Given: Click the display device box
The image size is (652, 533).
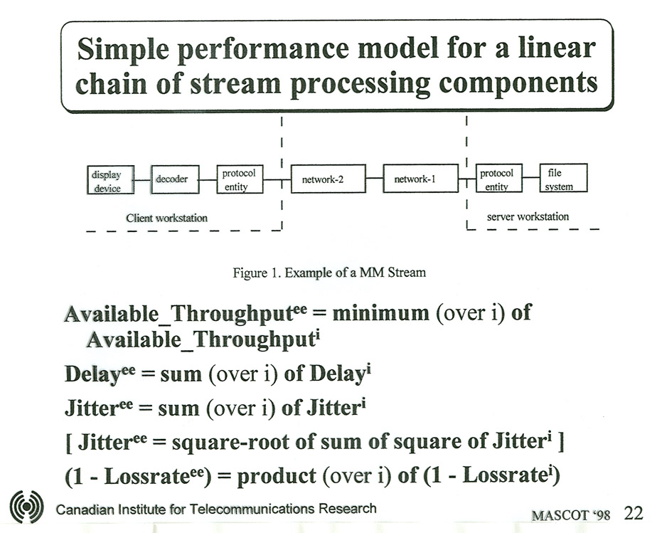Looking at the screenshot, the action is [x=111, y=180].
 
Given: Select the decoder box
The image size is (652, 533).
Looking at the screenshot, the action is [x=175, y=179].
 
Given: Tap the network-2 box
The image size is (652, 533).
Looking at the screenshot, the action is [x=328, y=179].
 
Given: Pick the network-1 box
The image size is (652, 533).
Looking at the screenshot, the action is [x=420, y=178].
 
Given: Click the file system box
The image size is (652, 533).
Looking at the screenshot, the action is [x=563, y=178].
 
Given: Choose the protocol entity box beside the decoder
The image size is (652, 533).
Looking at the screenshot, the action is [x=240, y=179].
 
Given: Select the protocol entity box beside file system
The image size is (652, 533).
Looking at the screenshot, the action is [x=499, y=178].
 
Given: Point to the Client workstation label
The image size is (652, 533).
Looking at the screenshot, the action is [x=167, y=218].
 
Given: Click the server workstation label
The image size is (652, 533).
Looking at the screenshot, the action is [x=528, y=216].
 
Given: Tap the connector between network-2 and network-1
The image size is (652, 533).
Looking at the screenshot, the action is [x=374, y=179].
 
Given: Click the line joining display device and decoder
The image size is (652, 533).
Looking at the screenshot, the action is [x=143, y=180].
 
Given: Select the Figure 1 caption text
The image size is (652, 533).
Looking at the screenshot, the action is [x=329, y=273].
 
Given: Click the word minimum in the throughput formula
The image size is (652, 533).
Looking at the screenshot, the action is [x=380, y=312].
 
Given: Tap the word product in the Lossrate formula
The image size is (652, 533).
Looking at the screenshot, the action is [x=277, y=476].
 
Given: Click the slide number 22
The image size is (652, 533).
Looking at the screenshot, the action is [x=634, y=513].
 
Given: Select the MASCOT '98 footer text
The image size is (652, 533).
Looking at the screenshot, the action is [x=570, y=515].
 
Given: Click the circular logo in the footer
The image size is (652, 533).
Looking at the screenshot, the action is [x=26, y=507].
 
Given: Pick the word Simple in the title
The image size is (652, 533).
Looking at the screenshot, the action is [x=123, y=49].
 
